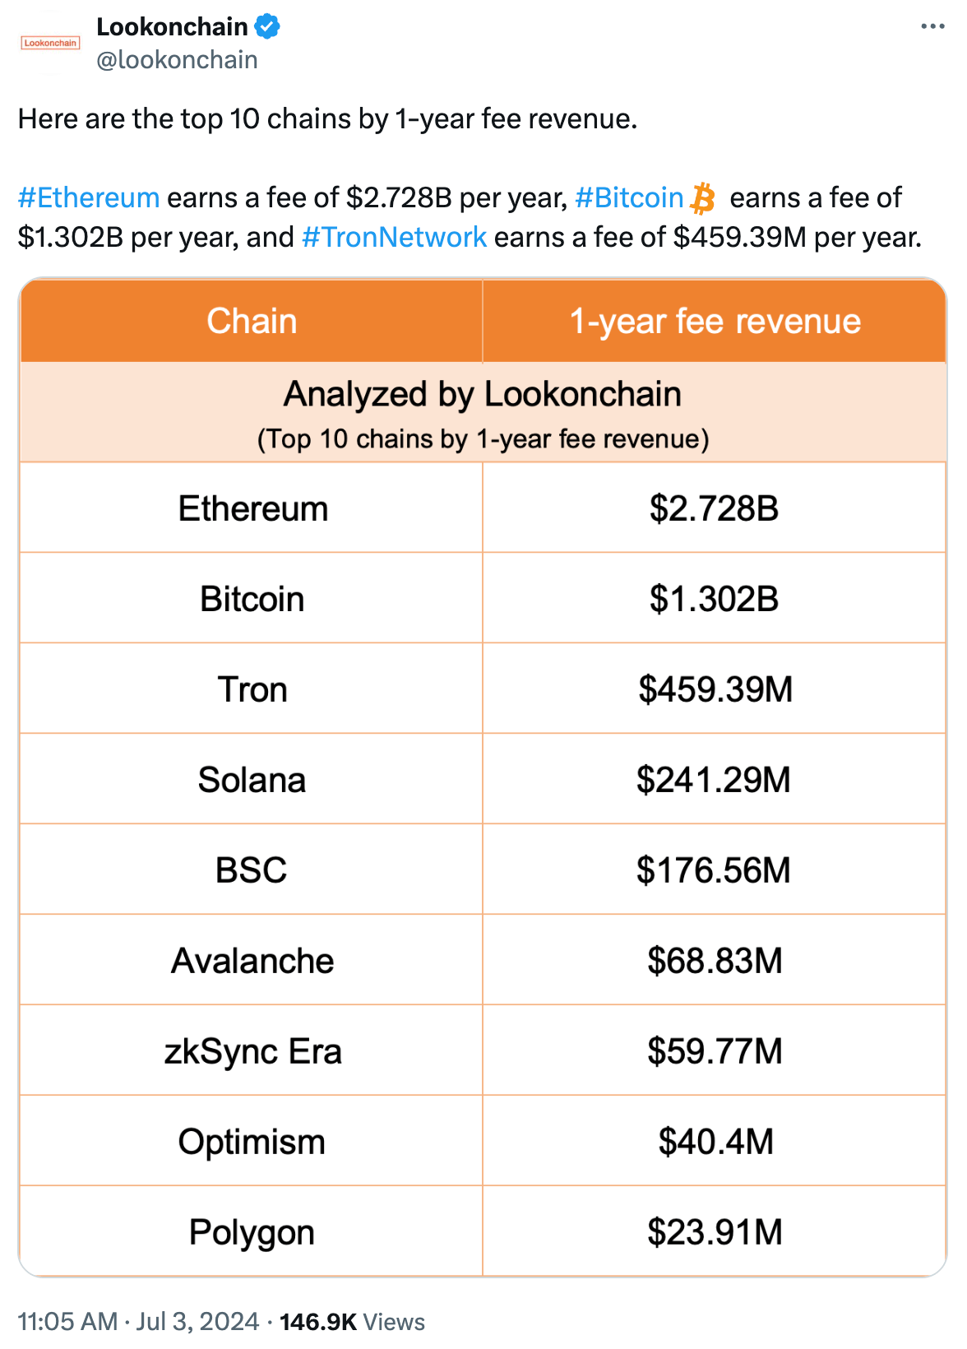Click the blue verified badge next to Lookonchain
(x=266, y=27)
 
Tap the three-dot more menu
(x=932, y=27)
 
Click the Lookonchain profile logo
(x=50, y=43)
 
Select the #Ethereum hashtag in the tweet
(x=89, y=198)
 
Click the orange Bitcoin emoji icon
(x=702, y=199)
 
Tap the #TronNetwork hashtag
(x=395, y=238)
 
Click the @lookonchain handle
(x=177, y=60)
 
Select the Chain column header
(x=252, y=322)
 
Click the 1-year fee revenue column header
(x=715, y=322)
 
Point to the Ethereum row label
(x=253, y=509)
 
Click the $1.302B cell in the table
(x=714, y=600)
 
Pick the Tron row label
(x=252, y=690)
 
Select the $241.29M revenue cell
(x=714, y=781)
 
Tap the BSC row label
(x=252, y=871)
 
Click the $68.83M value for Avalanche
(x=715, y=962)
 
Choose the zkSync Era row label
(x=252, y=1052)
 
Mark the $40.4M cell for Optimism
(x=715, y=1143)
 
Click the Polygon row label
(x=252, y=1233)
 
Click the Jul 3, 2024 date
(x=197, y=1322)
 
